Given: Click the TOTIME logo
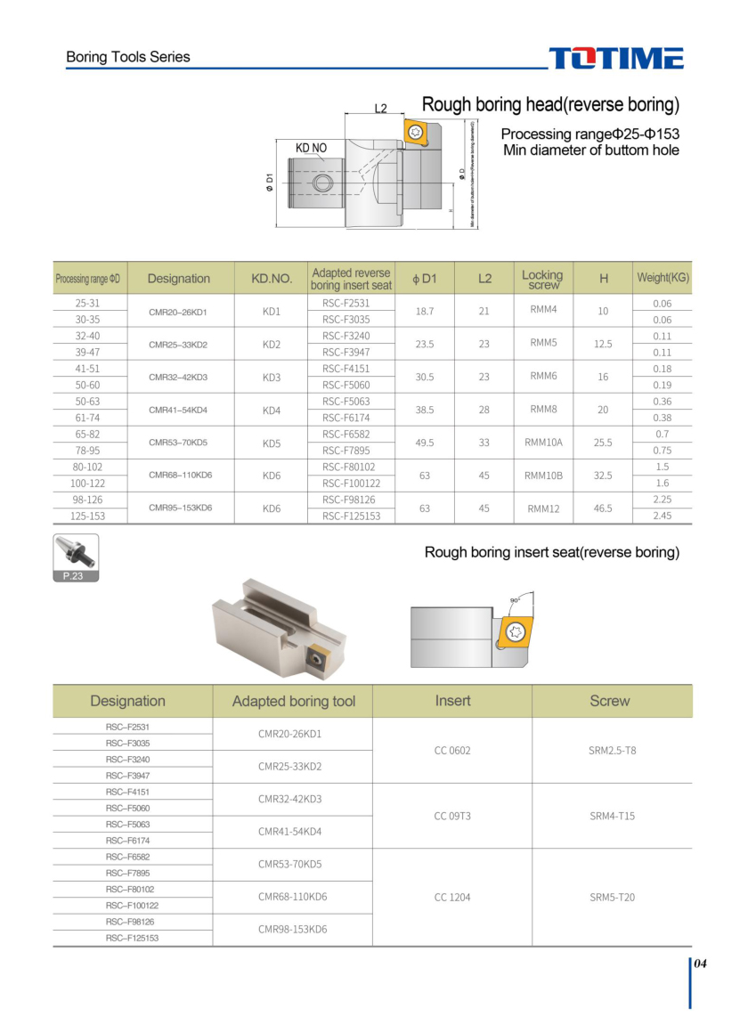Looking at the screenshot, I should click(x=616, y=58).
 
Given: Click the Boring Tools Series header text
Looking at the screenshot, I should click(x=128, y=57).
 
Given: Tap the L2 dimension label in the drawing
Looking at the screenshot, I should click(x=380, y=109).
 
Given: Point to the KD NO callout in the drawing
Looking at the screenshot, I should click(x=311, y=147).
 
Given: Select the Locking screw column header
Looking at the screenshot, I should click(x=542, y=279).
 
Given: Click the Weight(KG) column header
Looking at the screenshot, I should click(x=663, y=278).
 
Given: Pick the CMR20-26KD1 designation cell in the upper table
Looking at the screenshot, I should click(x=178, y=312).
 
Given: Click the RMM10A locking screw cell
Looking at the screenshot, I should click(x=544, y=443).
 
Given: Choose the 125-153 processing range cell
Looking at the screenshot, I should click(x=90, y=516).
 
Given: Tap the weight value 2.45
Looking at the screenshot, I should click(x=662, y=516).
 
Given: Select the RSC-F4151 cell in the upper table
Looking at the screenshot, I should click(x=345, y=369).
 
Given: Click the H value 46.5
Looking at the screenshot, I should click(x=603, y=508).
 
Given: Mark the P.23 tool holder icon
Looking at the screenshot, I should click(x=76, y=557).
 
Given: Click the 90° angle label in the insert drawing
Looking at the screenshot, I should click(x=515, y=601).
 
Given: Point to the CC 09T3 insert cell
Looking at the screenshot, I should click(x=452, y=816).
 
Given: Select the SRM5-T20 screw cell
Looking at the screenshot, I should click(x=612, y=897).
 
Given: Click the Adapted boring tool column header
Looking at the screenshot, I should click(x=293, y=701).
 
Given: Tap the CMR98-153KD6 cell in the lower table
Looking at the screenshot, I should click(x=292, y=929).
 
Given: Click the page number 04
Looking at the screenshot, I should click(x=701, y=964).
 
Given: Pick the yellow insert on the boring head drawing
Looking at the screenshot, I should click(x=416, y=132).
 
